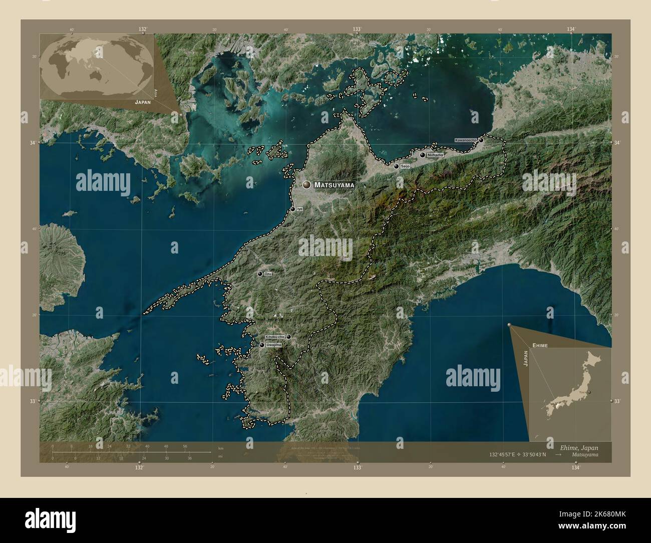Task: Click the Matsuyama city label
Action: click(334, 185)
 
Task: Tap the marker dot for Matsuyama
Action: click(306, 185)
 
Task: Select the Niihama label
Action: click(435, 155)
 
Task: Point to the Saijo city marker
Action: click(396, 166)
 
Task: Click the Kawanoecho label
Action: click(466, 140)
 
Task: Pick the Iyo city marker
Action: click(292, 209)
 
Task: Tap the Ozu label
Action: click(268, 274)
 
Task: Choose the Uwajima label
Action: click(274, 345)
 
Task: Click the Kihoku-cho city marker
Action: click(288, 337)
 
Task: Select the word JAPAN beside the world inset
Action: click(143, 101)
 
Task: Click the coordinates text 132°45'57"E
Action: click(506, 455)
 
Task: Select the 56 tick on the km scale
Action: click(185, 446)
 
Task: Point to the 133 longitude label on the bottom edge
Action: click(357, 467)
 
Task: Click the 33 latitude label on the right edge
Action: click(617, 401)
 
